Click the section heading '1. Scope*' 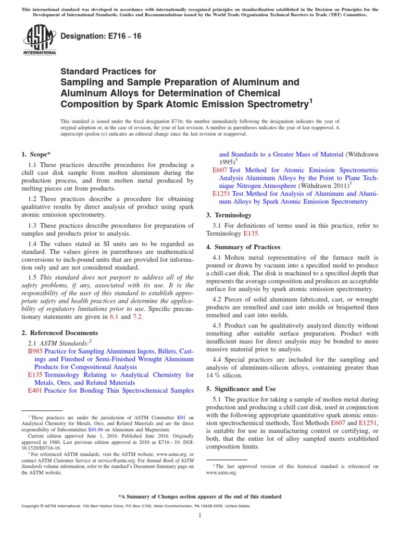coord(36,154)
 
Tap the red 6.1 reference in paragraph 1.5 coord(113,317)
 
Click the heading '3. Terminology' coord(229,215)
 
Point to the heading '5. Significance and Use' coord(242,389)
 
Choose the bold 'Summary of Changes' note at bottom coord(200,496)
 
